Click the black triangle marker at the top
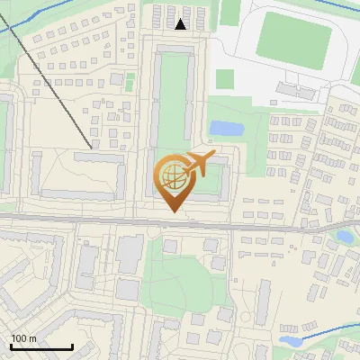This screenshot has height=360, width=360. (x=181, y=24)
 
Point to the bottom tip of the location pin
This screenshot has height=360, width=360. (x=173, y=211)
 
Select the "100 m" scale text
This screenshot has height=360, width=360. (x=23, y=338)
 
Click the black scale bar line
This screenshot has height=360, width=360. (x=41, y=346)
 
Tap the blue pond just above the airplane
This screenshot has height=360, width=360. (x=225, y=129)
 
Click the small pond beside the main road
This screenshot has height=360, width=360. (x=344, y=238)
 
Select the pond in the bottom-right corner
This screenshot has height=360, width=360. (x=290, y=341)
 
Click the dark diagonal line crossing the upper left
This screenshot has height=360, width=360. (x=54, y=81)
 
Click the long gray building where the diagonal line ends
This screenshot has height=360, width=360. (x=98, y=158)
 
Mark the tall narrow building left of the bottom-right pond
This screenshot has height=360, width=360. (x=265, y=302)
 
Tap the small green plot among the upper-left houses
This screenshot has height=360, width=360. (x=130, y=84)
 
